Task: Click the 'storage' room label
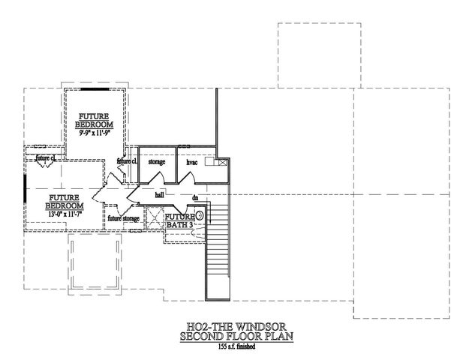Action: [x=156, y=161]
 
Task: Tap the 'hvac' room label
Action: [x=191, y=161]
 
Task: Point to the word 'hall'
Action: [x=159, y=194]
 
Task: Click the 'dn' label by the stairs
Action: [x=194, y=198]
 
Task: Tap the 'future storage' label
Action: [x=123, y=218]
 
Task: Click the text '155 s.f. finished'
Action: [x=235, y=347]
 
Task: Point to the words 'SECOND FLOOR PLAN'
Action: [x=235, y=337]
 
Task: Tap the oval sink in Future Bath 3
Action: [x=200, y=215]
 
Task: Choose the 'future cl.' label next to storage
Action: [x=127, y=161]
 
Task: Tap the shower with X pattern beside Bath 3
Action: [x=155, y=220]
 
